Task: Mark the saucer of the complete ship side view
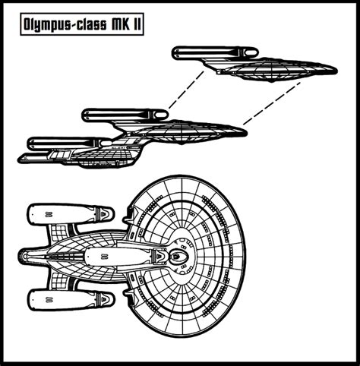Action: pyautogui.click(x=190, y=135)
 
